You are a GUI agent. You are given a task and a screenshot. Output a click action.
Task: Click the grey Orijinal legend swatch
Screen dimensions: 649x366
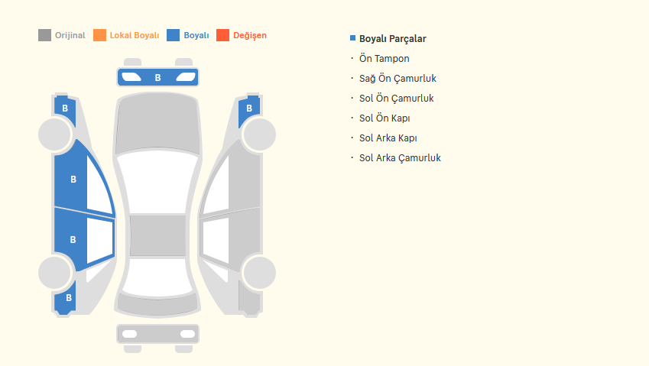pyautogui.click(x=44, y=35)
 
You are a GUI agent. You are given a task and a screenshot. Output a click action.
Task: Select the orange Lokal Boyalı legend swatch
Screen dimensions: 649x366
pyautogui.click(x=99, y=35)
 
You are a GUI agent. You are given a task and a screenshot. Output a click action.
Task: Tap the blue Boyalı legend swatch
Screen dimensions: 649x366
pyautogui.click(x=173, y=35)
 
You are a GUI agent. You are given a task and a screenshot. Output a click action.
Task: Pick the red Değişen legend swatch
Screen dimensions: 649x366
pyautogui.click(x=222, y=35)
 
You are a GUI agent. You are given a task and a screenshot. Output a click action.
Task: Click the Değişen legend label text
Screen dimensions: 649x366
pyautogui.click(x=250, y=36)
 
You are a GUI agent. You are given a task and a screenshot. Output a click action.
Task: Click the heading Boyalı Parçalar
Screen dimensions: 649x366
pyautogui.click(x=392, y=38)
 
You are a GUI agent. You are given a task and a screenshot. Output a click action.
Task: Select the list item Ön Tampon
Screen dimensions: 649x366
pyautogui.click(x=384, y=58)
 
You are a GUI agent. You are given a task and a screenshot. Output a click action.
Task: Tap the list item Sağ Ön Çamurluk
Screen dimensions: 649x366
pyautogui.click(x=398, y=78)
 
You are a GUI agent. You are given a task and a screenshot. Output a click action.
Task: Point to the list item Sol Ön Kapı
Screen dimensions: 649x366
pyautogui.click(x=385, y=118)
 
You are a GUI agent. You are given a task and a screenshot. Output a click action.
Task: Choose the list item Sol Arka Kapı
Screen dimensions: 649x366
pyautogui.click(x=388, y=138)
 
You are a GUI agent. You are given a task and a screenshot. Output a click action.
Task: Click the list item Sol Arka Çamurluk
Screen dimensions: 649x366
pyautogui.click(x=400, y=157)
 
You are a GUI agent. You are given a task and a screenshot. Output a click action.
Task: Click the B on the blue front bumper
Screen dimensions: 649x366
pyautogui.click(x=157, y=78)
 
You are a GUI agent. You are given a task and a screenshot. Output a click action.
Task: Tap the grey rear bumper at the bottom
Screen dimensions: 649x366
pyautogui.click(x=157, y=334)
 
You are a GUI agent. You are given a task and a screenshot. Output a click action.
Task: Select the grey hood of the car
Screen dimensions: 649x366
pyautogui.click(x=157, y=123)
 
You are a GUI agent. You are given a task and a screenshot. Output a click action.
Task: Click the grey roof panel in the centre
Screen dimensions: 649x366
pyautogui.click(x=157, y=235)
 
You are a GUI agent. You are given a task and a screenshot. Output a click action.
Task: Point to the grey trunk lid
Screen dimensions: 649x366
pyautogui.click(x=157, y=304)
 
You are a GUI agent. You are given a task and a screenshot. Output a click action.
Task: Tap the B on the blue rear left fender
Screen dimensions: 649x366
pyautogui.click(x=69, y=298)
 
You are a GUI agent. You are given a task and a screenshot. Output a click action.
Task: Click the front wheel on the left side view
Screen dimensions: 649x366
pyautogui.click(x=55, y=134)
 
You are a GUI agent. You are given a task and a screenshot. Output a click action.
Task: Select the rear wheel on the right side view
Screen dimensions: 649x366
pyautogui.click(x=259, y=273)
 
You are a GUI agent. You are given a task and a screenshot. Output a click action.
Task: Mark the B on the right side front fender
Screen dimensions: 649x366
pyautogui.click(x=249, y=109)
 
